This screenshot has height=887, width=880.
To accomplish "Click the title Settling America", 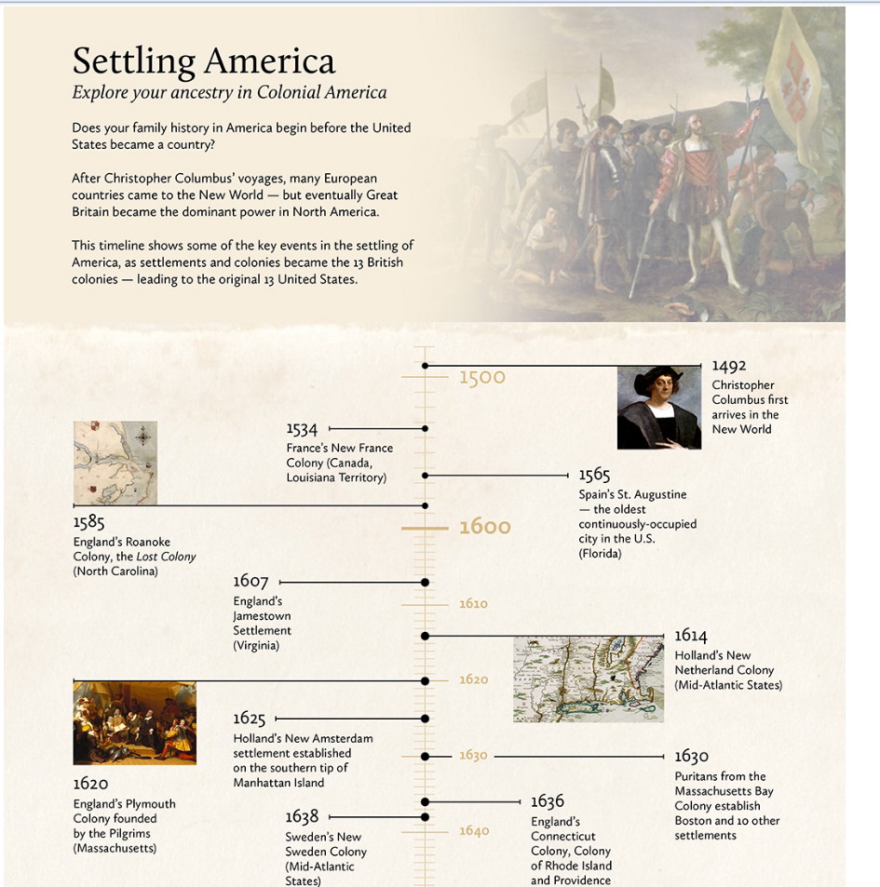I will pyautogui.click(x=203, y=61).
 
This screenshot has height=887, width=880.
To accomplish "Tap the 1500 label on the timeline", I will pyautogui.click(x=482, y=377).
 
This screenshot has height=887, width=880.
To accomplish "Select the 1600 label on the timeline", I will pyautogui.click(x=485, y=527).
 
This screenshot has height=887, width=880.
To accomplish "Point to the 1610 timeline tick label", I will pyautogui.click(x=473, y=604).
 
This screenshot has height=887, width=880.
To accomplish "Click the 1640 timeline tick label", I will pyautogui.click(x=473, y=831).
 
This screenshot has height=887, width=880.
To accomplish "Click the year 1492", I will pyautogui.click(x=729, y=367).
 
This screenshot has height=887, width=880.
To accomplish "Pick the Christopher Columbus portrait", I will pyautogui.click(x=658, y=408).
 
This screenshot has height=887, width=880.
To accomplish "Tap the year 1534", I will pyautogui.click(x=302, y=429).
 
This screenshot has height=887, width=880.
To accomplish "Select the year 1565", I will pyautogui.click(x=594, y=476).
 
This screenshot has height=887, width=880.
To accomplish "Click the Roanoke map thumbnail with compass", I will pyautogui.click(x=115, y=463).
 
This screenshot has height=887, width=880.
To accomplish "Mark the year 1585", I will pyautogui.click(x=89, y=523).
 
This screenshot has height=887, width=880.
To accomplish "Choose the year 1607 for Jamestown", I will pyautogui.click(x=250, y=582).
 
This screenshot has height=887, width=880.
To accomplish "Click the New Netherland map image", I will pyautogui.click(x=588, y=679).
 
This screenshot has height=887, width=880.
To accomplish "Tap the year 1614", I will pyautogui.click(x=691, y=636).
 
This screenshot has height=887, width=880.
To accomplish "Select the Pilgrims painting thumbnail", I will pyautogui.click(x=134, y=723).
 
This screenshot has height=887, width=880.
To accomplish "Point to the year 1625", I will pyautogui.click(x=250, y=719).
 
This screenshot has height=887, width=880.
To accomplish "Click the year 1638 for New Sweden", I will pyautogui.click(x=302, y=816).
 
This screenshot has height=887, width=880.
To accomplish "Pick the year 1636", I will pyautogui.click(x=548, y=801).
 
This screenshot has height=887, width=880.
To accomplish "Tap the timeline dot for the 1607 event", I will pyautogui.click(x=426, y=582).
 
